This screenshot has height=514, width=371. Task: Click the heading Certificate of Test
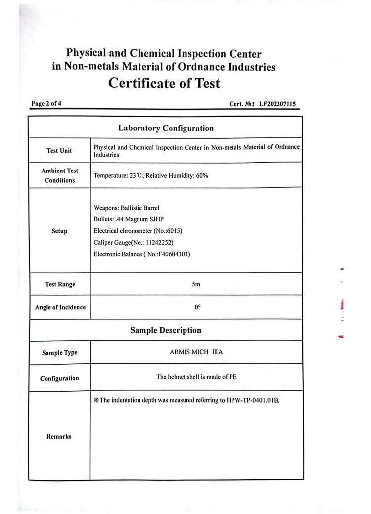(164, 83)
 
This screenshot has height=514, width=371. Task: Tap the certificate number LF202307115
(277, 104)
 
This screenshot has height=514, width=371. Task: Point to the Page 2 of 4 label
(46, 104)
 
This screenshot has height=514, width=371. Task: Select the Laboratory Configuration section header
(166, 128)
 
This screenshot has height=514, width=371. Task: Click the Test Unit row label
(59, 150)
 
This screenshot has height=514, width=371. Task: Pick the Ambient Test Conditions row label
(59, 175)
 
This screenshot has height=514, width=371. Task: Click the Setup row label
(59, 231)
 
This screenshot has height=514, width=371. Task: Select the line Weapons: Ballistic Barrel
(127, 208)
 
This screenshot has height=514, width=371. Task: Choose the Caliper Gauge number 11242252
(159, 242)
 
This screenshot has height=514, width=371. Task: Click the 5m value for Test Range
(196, 284)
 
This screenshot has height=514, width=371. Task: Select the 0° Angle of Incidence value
(197, 307)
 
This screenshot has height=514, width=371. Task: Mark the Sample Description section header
(166, 330)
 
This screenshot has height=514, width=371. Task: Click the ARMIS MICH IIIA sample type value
(196, 352)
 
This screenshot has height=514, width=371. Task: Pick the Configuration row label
(59, 378)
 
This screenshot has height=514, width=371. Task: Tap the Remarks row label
(59, 436)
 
